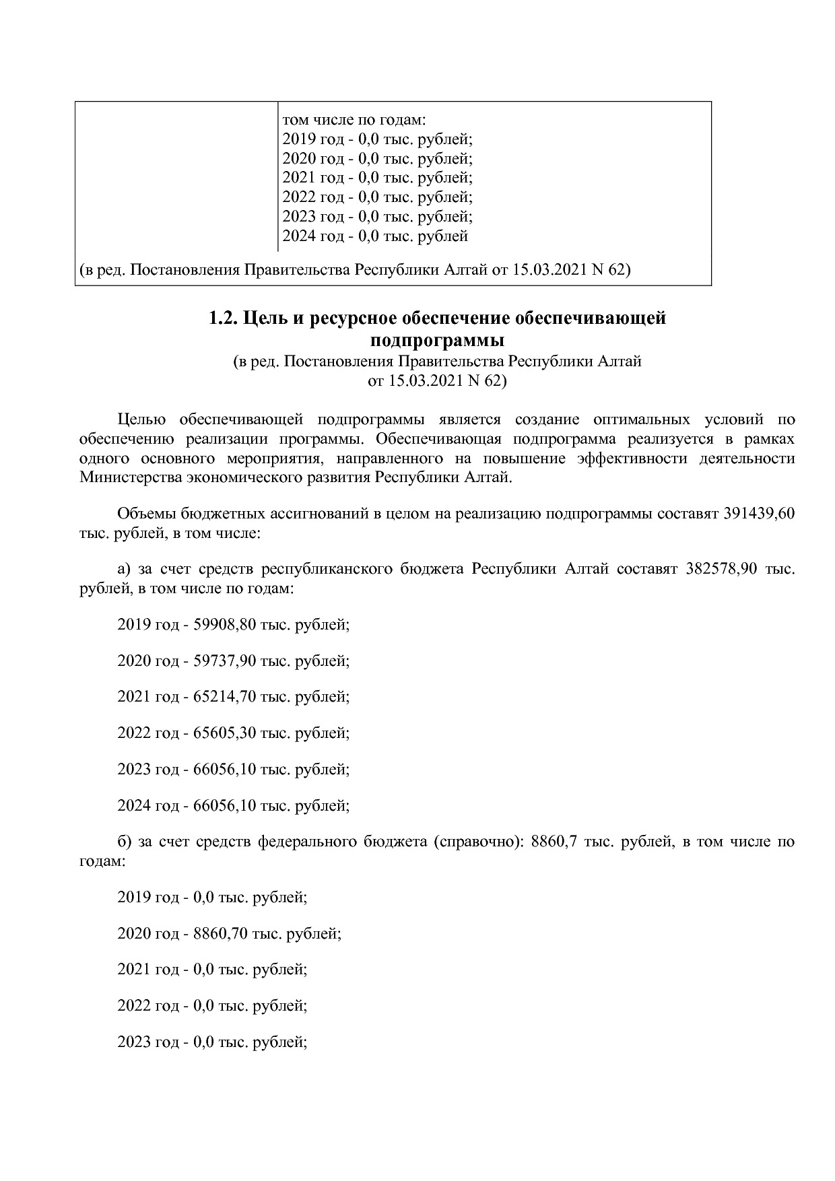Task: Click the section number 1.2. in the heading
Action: coord(223,318)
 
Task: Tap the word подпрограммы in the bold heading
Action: coord(438,339)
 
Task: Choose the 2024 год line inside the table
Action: coord(374,236)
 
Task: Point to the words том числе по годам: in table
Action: coord(354,121)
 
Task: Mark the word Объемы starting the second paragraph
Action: coord(146,514)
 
